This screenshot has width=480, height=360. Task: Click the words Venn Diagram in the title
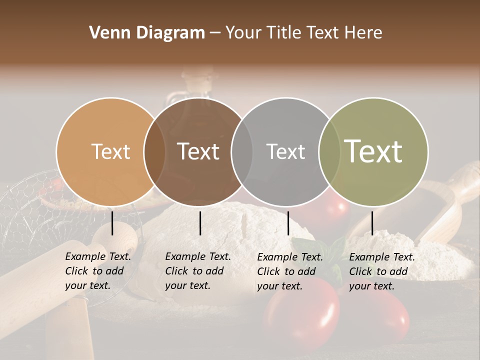pyautogui.click(x=147, y=33)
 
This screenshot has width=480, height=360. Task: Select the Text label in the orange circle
pyautogui.click(x=110, y=151)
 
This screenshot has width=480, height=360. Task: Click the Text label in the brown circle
pyautogui.click(x=198, y=151)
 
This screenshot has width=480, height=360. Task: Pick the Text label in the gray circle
pyautogui.click(x=285, y=151)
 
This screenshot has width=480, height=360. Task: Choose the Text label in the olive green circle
pyautogui.click(x=373, y=151)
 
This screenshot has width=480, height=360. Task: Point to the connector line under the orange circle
pyautogui.click(x=112, y=223)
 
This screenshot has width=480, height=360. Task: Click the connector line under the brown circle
pyautogui.click(x=200, y=223)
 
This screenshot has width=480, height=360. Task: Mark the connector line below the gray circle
pyautogui.click(x=288, y=223)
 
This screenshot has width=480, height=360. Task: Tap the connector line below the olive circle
pyautogui.click(x=372, y=223)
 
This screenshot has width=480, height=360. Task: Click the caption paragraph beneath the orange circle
pyautogui.click(x=97, y=271)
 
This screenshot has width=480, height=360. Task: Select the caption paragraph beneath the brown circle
pyautogui.click(x=197, y=271)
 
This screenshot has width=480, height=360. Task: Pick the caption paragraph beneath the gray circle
pyautogui.click(x=289, y=271)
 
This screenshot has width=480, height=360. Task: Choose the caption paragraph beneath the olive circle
pyautogui.click(x=381, y=271)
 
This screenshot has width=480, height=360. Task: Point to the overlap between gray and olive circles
pyautogui.click(x=327, y=151)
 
